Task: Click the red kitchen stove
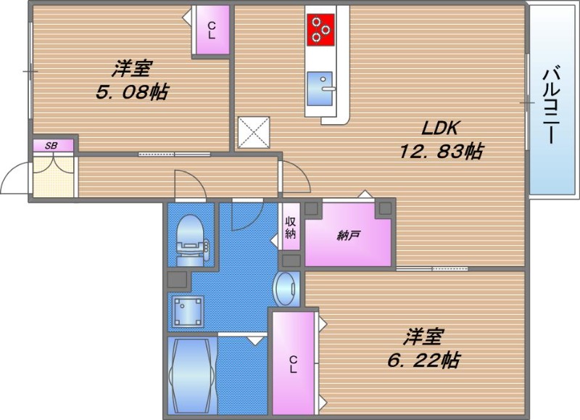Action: coord(320,30)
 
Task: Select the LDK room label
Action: coord(439,128)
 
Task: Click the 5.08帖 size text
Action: coord(133,92)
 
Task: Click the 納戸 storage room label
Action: coord(349,236)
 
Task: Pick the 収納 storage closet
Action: coord(291,227)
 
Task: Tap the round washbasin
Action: coord(286,289)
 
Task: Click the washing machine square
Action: coord(188,311)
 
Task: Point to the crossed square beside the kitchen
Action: coord(254,132)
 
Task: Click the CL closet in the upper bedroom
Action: coord(212,30)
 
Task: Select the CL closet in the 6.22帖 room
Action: coord(293,363)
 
